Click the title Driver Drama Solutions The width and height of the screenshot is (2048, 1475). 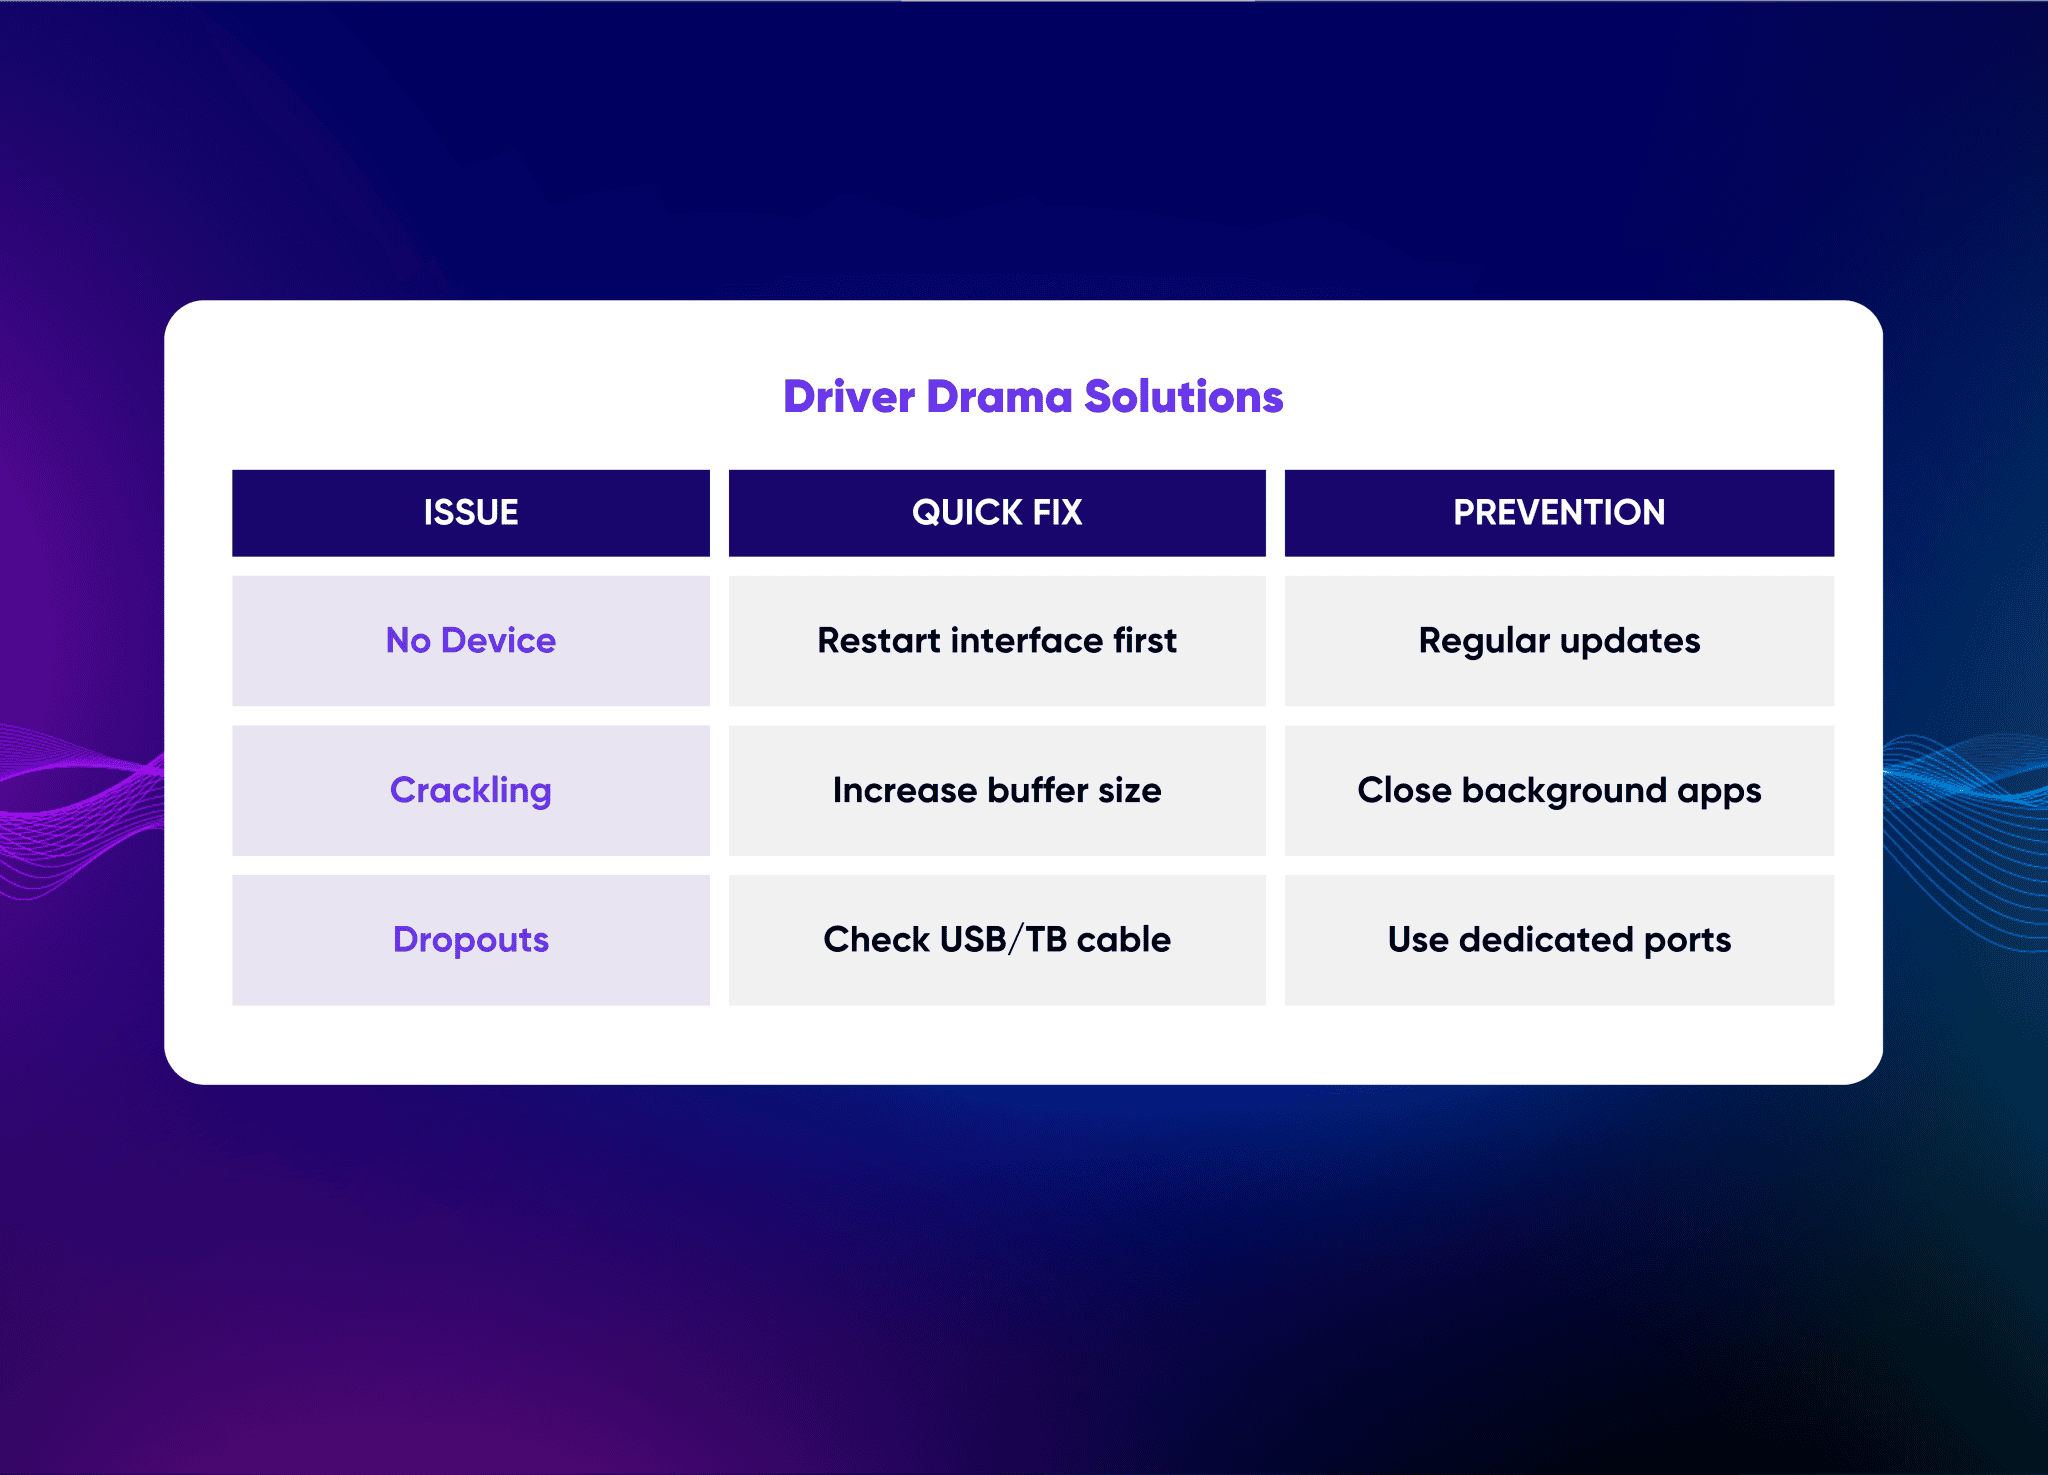click(1033, 396)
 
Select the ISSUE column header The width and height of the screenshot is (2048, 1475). click(471, 513)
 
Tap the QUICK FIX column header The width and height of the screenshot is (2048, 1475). click(997, 513)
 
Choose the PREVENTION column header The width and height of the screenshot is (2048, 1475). click(1559, 513)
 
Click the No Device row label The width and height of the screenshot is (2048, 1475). click(471, 641)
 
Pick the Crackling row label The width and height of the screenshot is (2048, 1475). click(471, 791)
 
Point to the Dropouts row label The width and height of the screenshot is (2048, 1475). click(471, 940)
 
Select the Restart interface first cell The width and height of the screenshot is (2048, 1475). click(997, 641)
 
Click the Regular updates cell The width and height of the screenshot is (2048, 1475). click(1559, 641)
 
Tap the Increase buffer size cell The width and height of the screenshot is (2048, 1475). click(997, 791)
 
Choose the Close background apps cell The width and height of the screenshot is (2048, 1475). click(1559, 791)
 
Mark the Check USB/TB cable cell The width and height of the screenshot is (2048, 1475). click(997, 940)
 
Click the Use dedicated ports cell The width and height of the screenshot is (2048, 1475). click(1559, 940)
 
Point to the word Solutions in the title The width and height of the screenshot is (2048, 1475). click(1184, 396)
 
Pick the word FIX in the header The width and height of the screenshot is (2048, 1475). click(1057, 513)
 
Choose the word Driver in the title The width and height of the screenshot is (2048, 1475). click(849, 396)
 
